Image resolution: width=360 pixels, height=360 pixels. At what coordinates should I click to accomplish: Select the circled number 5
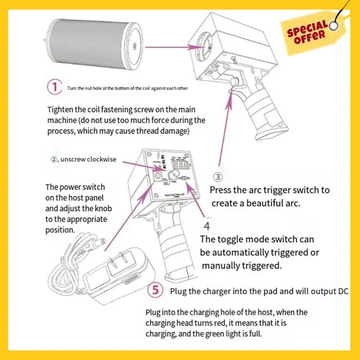[155, 290]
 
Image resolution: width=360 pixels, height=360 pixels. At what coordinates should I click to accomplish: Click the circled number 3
[217, 177]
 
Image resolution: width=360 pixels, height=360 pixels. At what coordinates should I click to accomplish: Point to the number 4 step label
[207, 225]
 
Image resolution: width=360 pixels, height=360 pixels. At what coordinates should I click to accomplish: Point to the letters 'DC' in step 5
[343, 291]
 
